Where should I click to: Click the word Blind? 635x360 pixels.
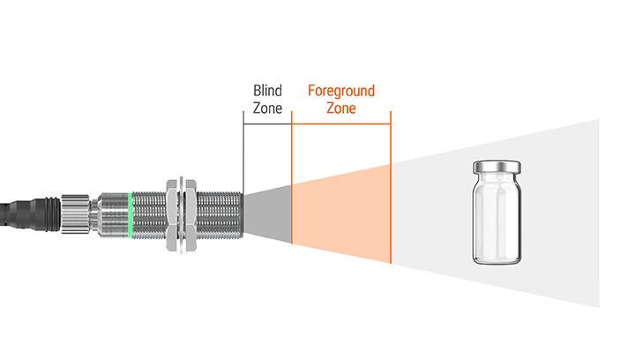[267, 91]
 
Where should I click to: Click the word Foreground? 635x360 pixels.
[340, 91]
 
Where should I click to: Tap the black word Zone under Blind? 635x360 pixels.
[267, 109]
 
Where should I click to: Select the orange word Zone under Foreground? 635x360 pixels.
[341, 109]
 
